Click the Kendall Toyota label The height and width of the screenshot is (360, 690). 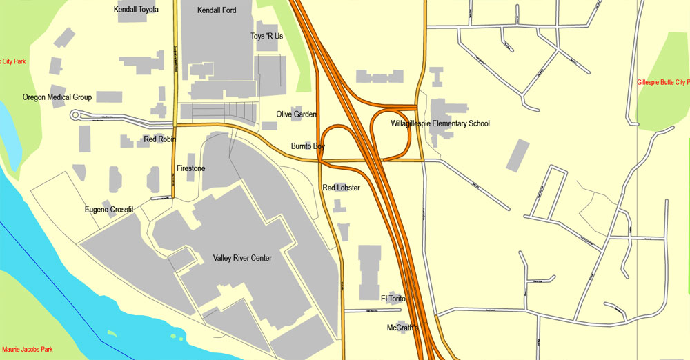click(136, 10)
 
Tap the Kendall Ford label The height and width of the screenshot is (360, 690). click(217, 10)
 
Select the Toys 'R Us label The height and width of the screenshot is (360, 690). click(266, 36)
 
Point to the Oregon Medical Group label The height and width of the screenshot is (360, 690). click(57, 97)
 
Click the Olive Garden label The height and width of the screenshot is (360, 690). click(296, 114)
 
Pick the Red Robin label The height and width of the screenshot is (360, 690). click(160, 139)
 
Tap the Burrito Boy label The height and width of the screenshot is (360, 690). click(308, 146)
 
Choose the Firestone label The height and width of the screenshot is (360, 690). click(190, 168)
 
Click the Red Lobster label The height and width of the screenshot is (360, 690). click(341, 188)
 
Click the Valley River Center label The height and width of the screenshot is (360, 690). click(242, 258)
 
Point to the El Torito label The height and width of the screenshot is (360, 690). click(393, 299)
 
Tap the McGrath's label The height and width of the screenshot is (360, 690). click(403, 328)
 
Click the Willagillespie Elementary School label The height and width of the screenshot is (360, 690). click(440, 123)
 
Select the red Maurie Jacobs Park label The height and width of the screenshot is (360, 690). click(28, 350)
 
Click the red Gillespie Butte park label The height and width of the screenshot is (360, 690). click(663, 82)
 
